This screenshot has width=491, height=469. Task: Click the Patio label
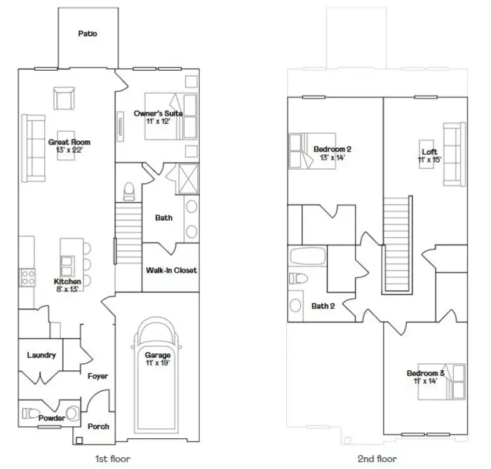point(88,33)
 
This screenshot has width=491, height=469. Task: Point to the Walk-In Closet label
point(171,270)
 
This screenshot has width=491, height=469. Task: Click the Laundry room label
point(41,355)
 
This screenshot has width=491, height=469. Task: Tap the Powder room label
point(52,419)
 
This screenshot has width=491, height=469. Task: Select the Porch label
point(98,426)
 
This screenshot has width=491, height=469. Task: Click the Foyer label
point(97,376)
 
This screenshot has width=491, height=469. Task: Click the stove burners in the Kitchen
point(28,277)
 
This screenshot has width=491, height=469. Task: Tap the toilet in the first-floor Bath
point(128,189)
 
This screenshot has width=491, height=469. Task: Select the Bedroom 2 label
point(332,149)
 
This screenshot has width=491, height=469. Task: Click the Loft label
point(429,151)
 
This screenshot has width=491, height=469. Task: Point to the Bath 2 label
point(323,306)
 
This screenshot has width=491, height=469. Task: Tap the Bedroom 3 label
point(425,373)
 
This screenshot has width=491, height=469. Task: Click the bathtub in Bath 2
point(307,257)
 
